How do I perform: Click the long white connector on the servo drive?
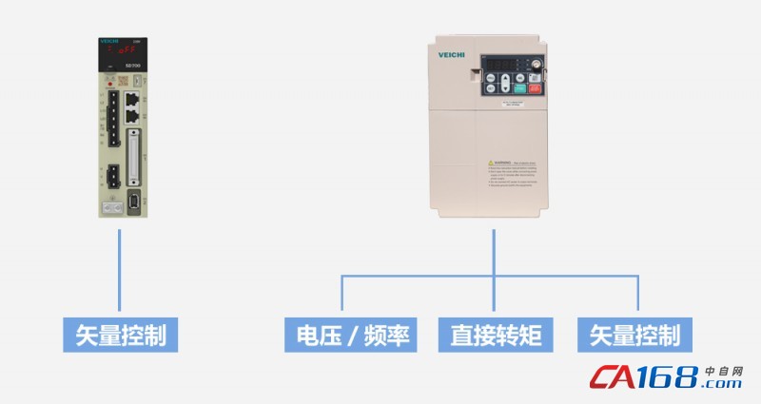tap(132, 158)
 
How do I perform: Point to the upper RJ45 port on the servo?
tap(131, 99)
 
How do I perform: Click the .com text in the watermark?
tap(724, 384)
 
